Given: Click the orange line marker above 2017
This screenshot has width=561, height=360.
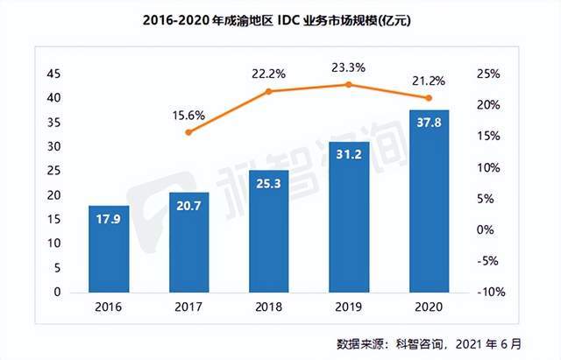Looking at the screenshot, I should [x=189, y=132].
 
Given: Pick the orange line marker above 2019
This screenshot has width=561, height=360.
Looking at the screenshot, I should [x=348, y=84].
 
